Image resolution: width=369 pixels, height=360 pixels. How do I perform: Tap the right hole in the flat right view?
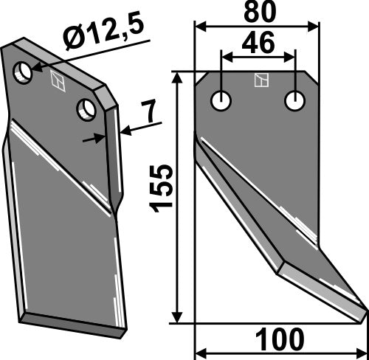pyautogui.click(x=295, y=100)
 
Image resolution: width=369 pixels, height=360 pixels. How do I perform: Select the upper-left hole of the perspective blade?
pyautogui.click(x=25, y=72)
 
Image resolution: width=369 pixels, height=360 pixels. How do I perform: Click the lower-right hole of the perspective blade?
pyautogui.click(x=88, y=110)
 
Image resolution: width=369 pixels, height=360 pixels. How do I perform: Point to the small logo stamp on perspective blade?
pyautogui.click(x=56, y=82)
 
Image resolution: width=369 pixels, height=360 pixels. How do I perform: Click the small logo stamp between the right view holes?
pyautogui.click(x=258, y=79)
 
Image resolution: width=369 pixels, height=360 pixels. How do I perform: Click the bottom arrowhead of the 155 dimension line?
pyautogui.click(x=178, y=317)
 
